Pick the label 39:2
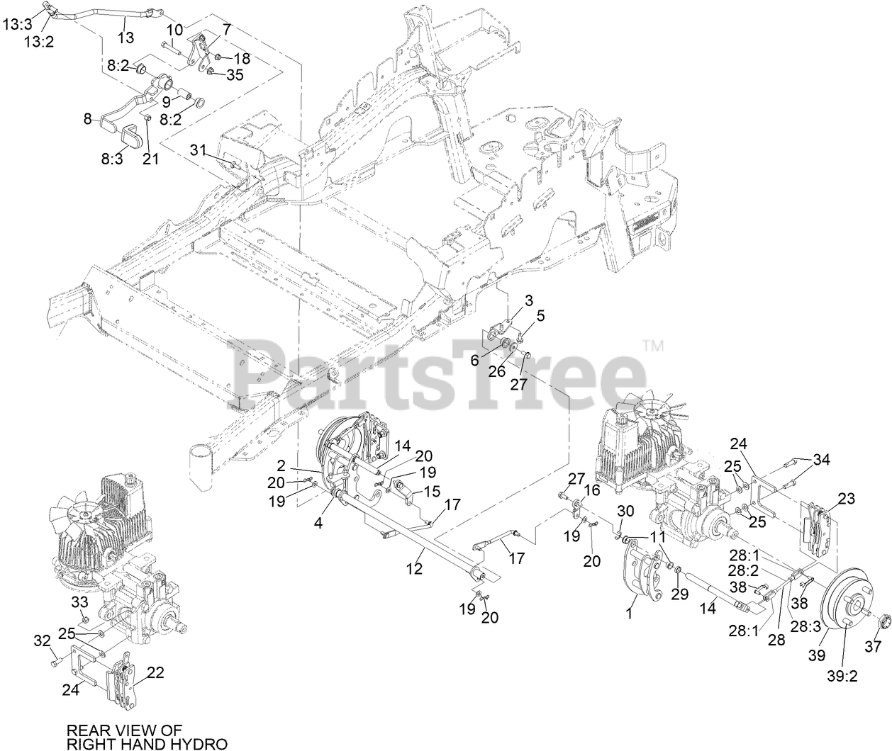[843, 675]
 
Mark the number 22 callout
[155, 672]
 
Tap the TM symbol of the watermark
[652, 346]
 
